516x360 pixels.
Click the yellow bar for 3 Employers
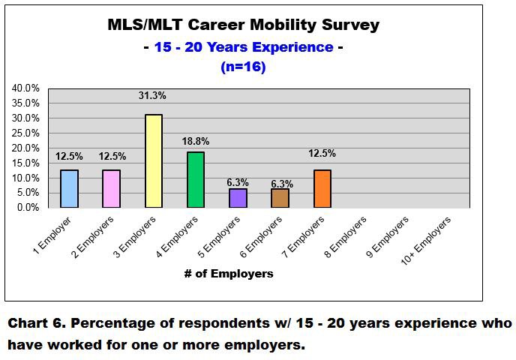[x=153, y=160]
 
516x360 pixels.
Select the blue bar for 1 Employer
[x=68, y=188]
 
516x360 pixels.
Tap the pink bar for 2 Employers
[x=111, y=188]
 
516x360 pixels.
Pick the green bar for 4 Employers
[x=195, y=179]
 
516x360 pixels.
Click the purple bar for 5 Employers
[x=238, y=198]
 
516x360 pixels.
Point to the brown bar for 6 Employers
[x=280, y=198]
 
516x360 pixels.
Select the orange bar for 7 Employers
[x=322, y=188]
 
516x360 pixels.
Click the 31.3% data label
[x=151, y=95]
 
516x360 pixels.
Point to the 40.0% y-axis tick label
[x=25, y=88]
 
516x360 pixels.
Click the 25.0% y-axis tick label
[x=25, y=133]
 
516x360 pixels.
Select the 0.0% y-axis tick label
[x=28, y=208]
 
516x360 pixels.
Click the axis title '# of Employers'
[x=229, y=274]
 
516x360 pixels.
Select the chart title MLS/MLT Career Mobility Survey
[x=243, y=25]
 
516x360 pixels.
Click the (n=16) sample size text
[x=243, y=66]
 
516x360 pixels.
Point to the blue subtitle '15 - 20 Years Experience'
[x=243, y=46]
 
